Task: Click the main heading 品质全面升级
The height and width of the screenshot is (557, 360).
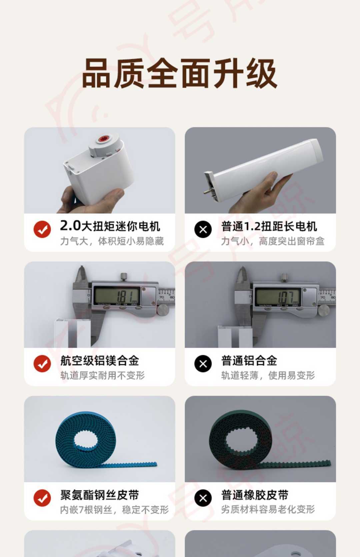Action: coord(180,74)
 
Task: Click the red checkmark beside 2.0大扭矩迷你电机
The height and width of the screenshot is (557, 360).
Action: coord(42,229)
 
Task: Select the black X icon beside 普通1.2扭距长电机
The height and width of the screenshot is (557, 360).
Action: coord(203,229)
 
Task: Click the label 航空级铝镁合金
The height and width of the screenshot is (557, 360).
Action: coord(99,360)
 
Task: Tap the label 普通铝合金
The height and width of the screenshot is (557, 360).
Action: coord(249,360)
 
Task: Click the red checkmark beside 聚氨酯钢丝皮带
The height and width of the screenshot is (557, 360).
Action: coord(42,498)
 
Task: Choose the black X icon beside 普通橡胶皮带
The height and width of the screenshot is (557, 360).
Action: coord(203,498)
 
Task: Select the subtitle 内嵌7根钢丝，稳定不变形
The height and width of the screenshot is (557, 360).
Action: coord(114,510)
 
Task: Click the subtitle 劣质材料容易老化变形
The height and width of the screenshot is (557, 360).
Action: coord(268,509)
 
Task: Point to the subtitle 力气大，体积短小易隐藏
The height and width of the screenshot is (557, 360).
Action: coord(112,241)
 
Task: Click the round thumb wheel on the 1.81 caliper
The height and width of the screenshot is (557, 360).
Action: coord(163,310)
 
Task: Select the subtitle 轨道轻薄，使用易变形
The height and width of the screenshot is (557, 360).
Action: coord(268,375)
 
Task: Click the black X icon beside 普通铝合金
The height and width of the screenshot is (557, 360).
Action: coord(203,363)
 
